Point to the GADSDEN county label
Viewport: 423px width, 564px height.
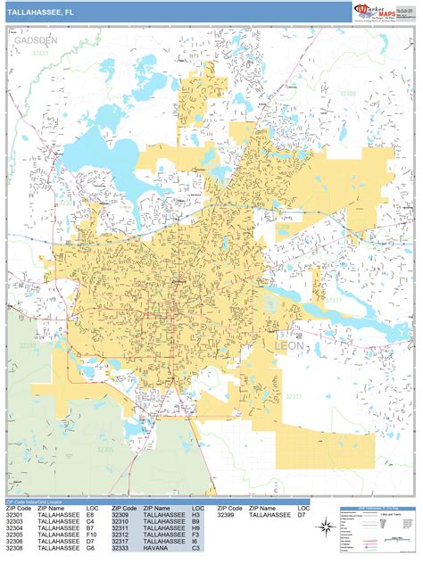coord(35,41)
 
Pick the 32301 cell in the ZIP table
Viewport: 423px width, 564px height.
coord(16,515)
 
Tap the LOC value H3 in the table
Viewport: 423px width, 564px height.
coord(196,515)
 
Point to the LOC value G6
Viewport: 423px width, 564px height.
coord(91,551)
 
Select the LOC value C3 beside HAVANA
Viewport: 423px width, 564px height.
coord(196,551)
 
